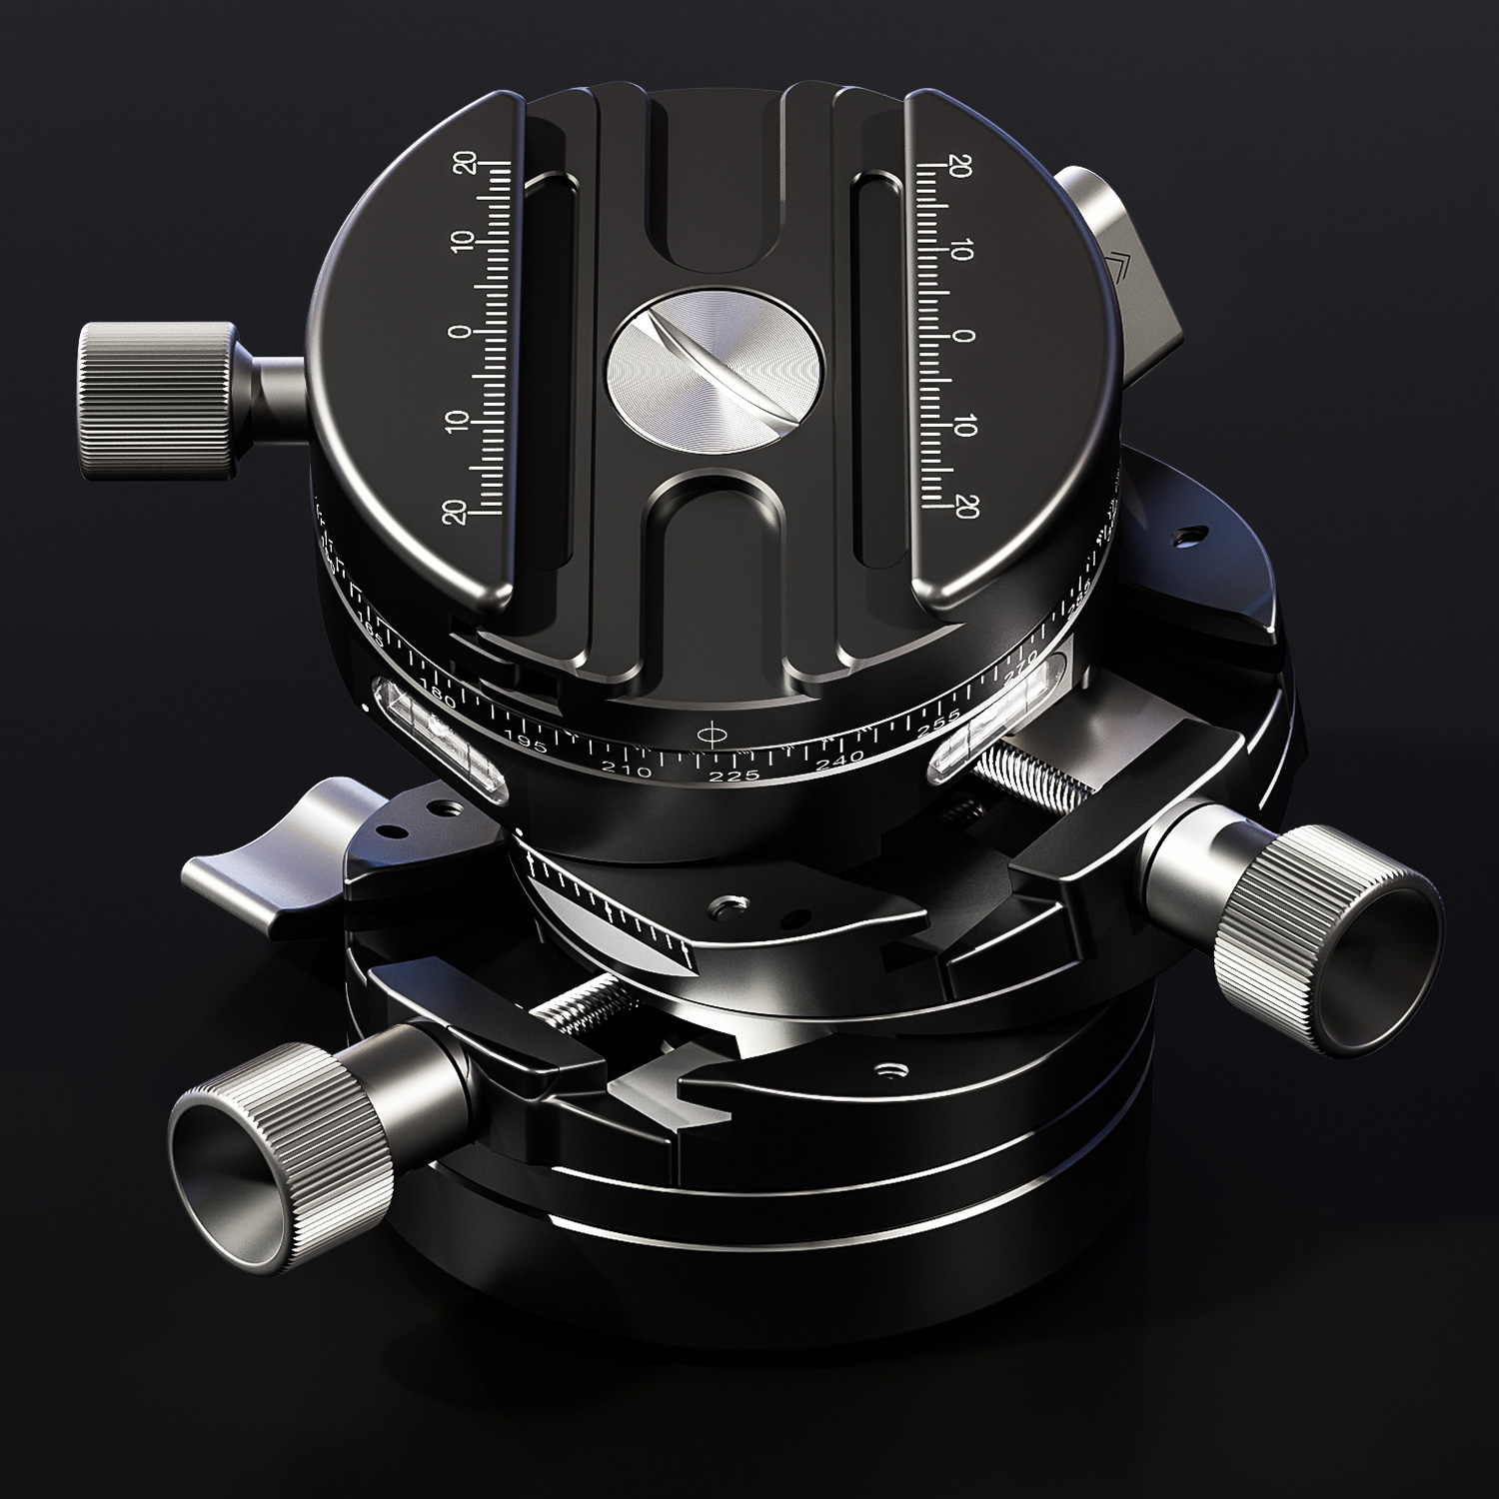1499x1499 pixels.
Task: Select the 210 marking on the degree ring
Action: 629,770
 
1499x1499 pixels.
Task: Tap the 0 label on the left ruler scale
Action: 462,332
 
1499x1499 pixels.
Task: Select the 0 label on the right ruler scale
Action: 961,337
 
